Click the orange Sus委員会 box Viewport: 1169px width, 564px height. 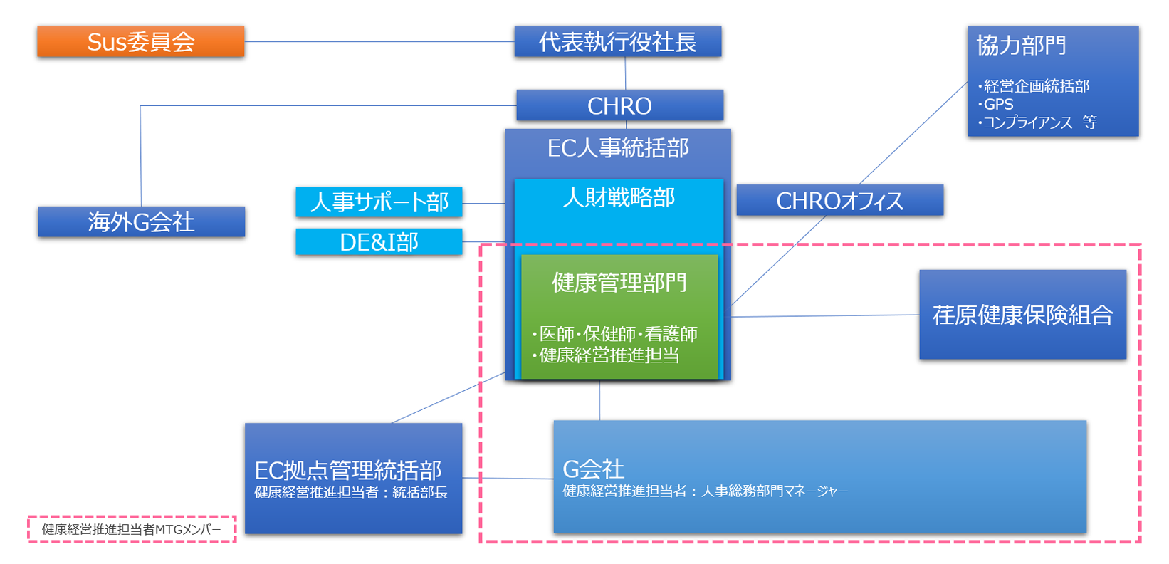pos(141,42)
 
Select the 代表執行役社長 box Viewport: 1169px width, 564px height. pos(617,42)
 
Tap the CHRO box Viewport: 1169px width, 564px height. pos(619,106)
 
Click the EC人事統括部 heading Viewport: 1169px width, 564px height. pos(618,148)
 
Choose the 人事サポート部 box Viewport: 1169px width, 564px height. pos(379,202)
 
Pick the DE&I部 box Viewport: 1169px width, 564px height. pos(379,242)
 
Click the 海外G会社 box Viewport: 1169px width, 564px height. pos(141,222)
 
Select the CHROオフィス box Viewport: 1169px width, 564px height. pos(839,201)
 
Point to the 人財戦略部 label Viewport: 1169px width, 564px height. pos(619,197)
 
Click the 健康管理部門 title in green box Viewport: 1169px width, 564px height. pos(619,283)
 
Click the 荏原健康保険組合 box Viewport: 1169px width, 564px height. pos(1022,315)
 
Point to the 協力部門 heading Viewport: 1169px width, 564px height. pos(1021,46)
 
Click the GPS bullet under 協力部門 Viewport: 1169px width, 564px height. pos(998,104)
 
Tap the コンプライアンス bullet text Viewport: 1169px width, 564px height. pos(1027,122)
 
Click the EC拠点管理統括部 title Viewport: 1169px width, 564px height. pos(348,470)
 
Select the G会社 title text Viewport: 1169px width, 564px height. pos(593,469)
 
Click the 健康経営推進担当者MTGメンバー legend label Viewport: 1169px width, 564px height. pos(132,529)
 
